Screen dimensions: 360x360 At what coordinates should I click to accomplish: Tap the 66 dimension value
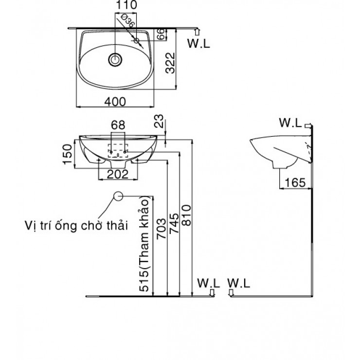tap(161, 34)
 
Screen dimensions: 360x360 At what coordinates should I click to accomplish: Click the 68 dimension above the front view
tap(118, 125)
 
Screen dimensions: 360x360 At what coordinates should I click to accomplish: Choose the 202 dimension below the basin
tap(118, 175)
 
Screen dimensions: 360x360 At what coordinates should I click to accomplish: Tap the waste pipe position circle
tap(118, 196)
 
